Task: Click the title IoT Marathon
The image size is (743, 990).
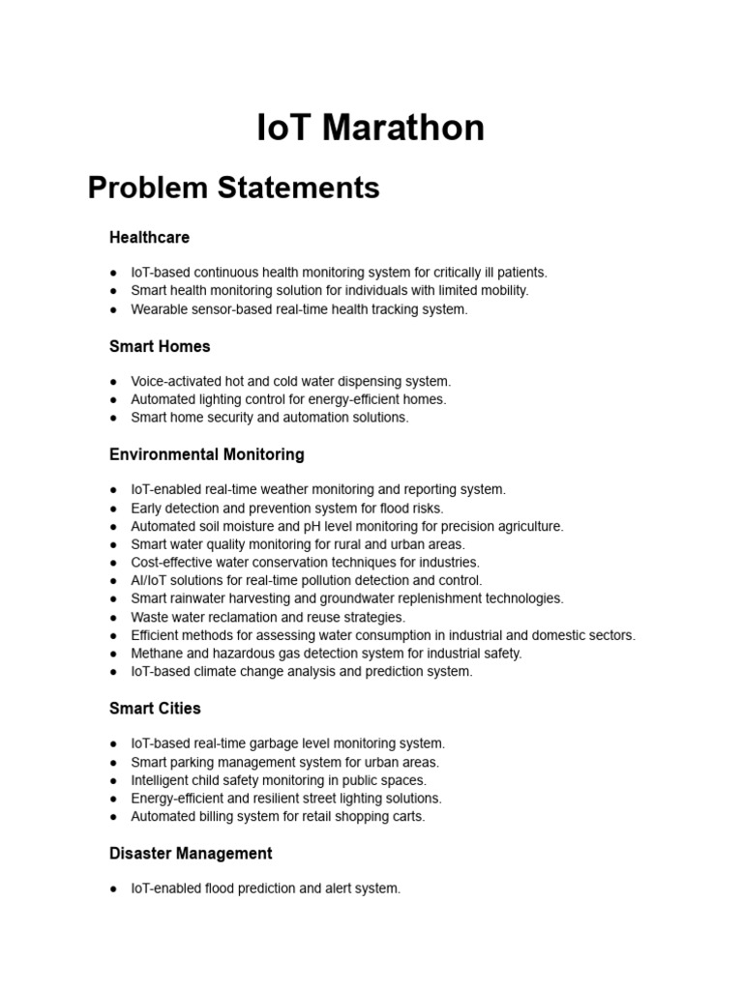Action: click(371, 127)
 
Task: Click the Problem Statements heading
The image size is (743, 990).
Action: click(233, 187)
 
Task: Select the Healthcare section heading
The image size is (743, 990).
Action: click(149, 237)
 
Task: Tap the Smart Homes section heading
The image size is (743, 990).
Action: click(160, 346)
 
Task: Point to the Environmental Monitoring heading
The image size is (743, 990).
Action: click(206, 454)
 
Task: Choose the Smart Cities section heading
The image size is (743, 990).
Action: click(155, 709)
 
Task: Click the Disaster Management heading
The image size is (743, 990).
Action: click(191, 854)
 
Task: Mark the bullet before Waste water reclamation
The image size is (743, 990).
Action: click(114, 618)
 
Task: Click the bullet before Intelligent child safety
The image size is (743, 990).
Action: click(114, 781)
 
